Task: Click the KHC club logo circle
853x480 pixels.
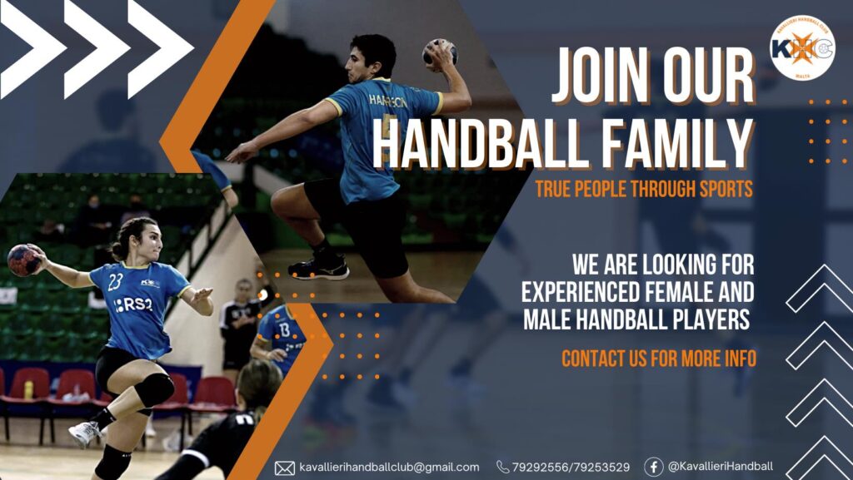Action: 802,47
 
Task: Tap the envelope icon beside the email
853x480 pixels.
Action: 285,468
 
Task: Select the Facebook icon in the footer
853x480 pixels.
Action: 653,467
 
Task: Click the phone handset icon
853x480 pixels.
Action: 502,467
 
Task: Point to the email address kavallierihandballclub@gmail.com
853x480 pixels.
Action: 389,468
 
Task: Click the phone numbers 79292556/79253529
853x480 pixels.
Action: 571,467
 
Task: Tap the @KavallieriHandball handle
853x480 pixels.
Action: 721,467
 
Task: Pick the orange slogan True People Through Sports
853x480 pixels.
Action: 644,189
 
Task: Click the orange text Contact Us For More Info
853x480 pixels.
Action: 659,359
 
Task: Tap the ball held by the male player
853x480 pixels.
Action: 440,53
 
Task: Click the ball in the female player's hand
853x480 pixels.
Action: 24,260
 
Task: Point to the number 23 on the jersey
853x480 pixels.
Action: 115,282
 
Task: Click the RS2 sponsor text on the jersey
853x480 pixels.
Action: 133,304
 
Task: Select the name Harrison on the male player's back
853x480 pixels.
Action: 388,101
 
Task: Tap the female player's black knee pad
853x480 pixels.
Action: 154,390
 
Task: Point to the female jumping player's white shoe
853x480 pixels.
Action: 85,433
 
